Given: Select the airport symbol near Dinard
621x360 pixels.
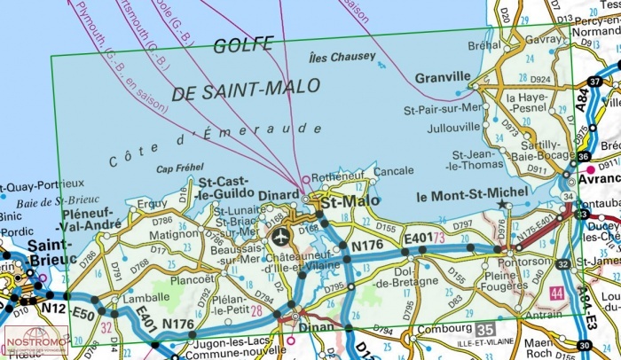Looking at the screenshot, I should point(281,236).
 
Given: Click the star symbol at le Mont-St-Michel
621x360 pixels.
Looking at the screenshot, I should point(503,205).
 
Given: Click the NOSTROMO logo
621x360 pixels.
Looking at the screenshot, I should point(35,342).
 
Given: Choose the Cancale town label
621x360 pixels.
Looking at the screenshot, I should point(393,170).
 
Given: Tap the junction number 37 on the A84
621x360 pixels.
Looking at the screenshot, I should point(594,82).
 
